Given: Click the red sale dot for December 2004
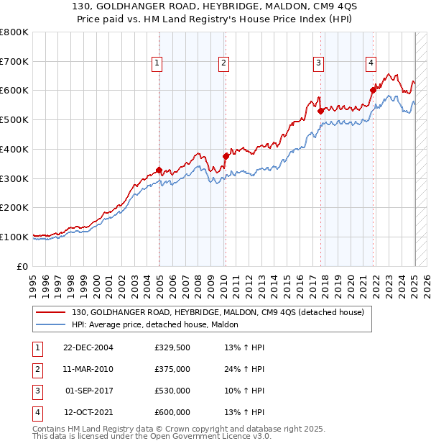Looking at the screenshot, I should click(159, 170).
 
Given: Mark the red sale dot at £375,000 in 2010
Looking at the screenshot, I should click(226, 156).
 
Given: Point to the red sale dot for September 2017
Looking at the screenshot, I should click(320, 111).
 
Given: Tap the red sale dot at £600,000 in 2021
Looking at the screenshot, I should click(374, 91).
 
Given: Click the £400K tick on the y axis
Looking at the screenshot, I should click(15, 149).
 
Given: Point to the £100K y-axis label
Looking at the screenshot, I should click(15, 237).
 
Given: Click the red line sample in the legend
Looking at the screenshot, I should click(51, 312).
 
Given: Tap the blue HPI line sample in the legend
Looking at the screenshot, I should click(51, 324).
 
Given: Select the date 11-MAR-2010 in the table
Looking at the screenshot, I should click(88, 369).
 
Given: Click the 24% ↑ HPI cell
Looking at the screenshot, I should click(245, 369).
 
